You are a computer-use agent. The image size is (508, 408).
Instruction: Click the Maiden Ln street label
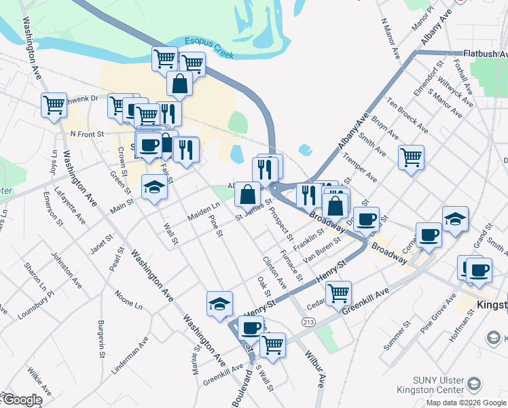click(204, 211)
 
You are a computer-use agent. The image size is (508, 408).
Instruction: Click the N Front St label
click(86, 134)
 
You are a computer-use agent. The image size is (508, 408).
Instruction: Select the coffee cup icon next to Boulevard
click(250, 327)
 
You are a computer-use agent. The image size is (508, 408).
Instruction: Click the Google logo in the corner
click(22, 400)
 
